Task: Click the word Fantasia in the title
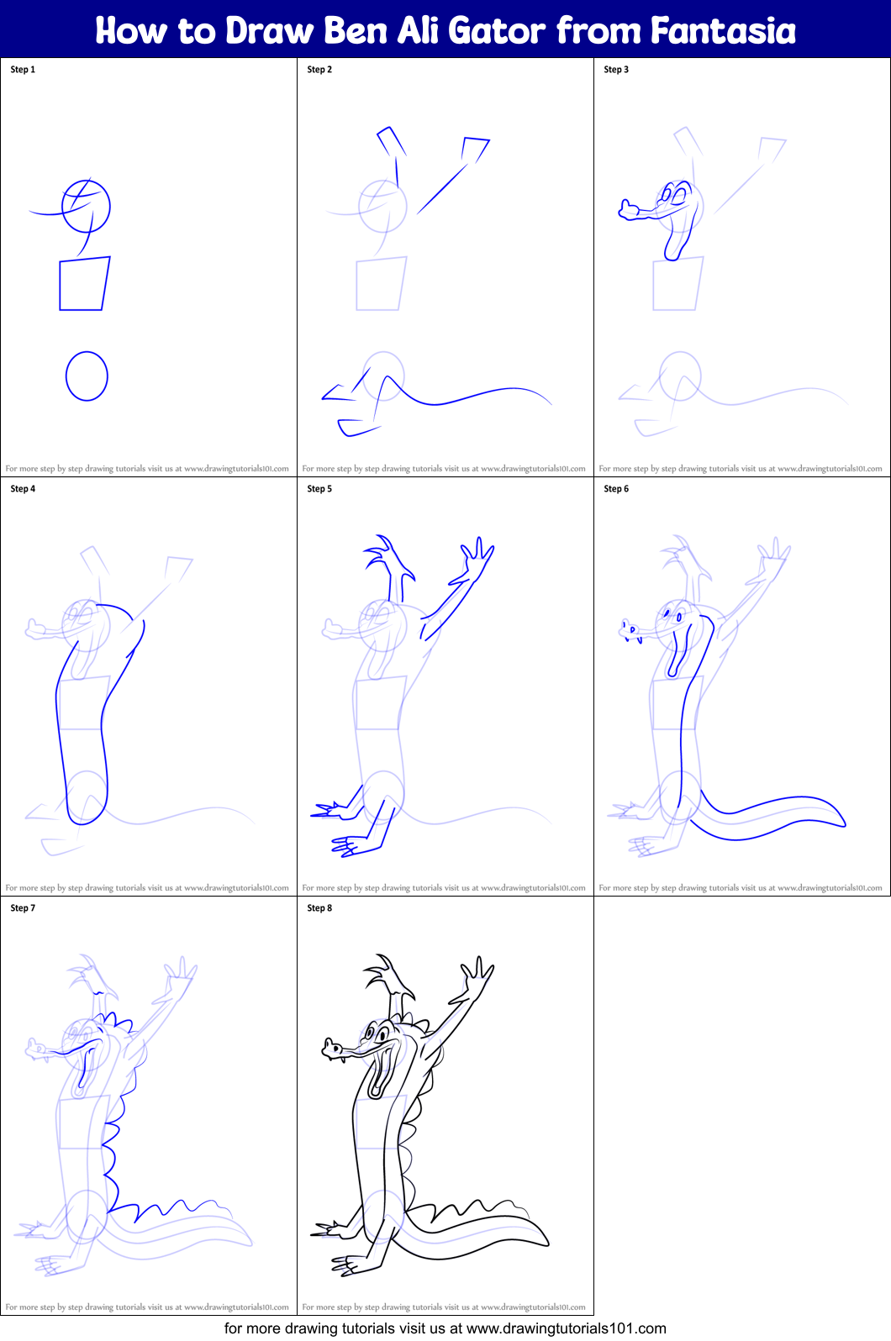(723, 30)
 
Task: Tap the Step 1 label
(23, 70)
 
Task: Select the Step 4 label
(23, 489)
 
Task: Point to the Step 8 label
(319, 908)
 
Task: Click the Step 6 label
(616, 489)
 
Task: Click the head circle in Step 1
(87, 206)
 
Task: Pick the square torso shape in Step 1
(84, 284)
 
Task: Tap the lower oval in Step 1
(87, 376)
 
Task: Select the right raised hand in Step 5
(477, 557)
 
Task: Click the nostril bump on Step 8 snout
(330, 1048)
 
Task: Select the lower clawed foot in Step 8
(346, 1265)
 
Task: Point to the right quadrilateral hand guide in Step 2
(476, 149)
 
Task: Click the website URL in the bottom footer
(566, 1328)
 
